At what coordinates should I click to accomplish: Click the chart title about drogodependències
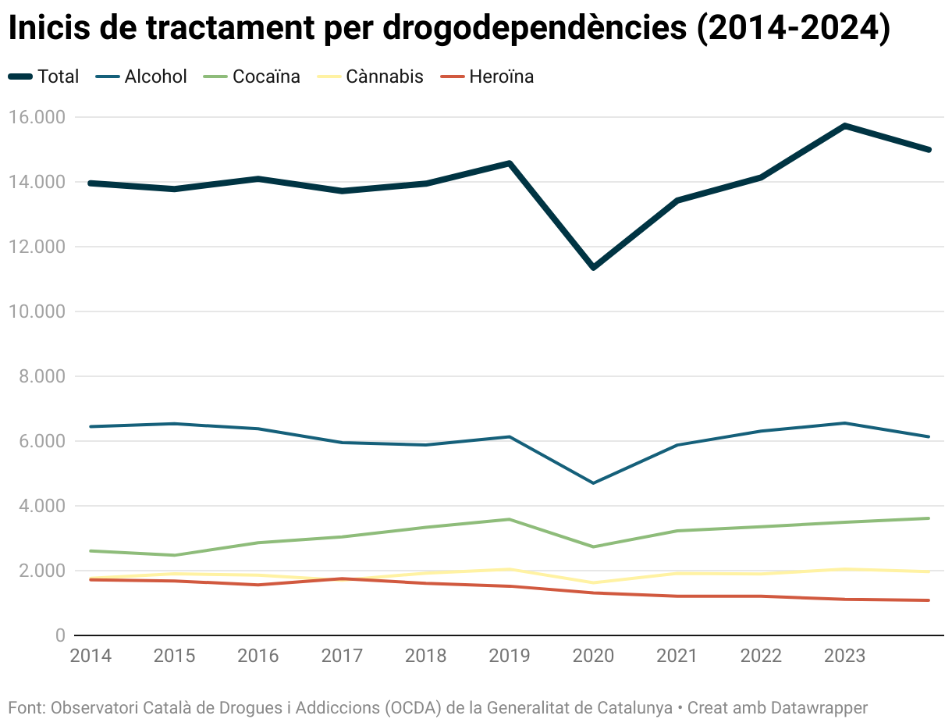(449, 30)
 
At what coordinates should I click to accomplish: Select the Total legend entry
(44, 77)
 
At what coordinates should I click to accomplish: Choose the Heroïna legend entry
(487, 77)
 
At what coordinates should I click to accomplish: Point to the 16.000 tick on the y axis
(36, 117)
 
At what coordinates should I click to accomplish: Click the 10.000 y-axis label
(36, 311)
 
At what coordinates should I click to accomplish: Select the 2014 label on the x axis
(91, 656)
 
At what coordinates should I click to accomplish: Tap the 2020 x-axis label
(593, 656)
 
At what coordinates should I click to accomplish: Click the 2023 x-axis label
(844, 656)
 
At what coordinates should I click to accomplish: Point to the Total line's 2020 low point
(594, 268)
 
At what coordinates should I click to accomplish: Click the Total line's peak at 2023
(845, 126)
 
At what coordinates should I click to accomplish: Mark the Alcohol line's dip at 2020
(594, 483)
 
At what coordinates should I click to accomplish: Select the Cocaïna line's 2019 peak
(510, 519)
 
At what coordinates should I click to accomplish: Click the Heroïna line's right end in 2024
(929, 600)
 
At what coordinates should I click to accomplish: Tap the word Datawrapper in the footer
(819, 708)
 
